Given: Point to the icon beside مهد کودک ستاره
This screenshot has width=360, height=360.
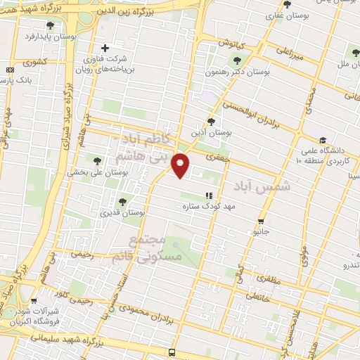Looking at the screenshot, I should click(207, 195).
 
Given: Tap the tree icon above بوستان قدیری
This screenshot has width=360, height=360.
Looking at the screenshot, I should click(122, 202).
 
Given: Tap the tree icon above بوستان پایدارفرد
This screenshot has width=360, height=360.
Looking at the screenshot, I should click(49, 25).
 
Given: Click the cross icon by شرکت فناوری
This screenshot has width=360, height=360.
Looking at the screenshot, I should click(105, 48).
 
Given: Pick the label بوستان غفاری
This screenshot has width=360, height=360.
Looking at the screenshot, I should click(285, 15).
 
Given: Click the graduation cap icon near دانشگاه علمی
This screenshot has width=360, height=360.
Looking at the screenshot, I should click(322, 140).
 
